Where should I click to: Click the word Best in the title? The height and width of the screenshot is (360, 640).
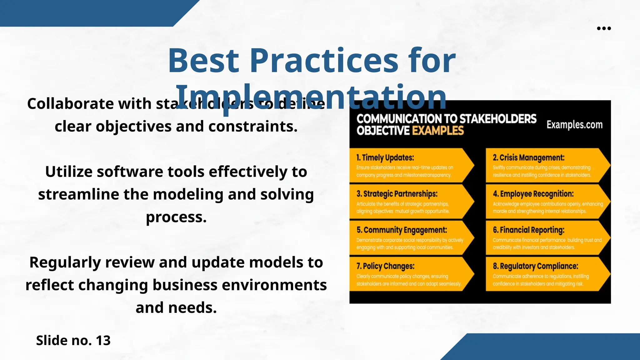click(203, 61)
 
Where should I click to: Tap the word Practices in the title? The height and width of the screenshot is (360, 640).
click(324, 61)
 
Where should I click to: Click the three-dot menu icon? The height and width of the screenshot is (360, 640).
click(604, 28)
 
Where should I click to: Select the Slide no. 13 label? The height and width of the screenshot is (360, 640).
click(73, 340)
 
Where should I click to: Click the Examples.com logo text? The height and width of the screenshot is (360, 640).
click(574, 125)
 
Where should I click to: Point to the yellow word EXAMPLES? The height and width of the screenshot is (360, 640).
click(438, 131)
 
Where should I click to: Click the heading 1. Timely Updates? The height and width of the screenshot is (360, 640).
click(385, 157)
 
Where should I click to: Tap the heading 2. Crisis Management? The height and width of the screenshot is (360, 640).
click(528, 157)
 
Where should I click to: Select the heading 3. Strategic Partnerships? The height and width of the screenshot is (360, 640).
click(397, 194)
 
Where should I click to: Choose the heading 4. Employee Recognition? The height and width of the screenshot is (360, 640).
click(533, 194)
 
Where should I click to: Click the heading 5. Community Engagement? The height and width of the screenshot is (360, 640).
click(402, 230)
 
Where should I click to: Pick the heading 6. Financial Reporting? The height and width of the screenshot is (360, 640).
click(528, 230)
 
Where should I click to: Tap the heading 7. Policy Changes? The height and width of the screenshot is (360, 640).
click(385, 266)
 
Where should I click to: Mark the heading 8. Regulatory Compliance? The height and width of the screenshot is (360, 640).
click(535, 266)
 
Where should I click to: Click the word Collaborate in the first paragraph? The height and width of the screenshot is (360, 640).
click(70, 104)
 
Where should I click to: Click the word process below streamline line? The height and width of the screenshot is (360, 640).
click(176, 217)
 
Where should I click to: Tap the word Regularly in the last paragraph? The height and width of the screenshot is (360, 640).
click(65, 262)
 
